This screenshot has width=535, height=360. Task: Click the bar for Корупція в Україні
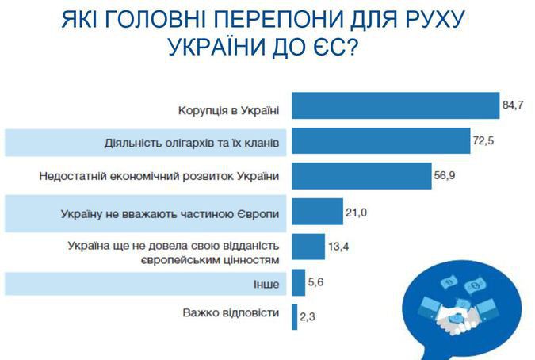click(396, 105)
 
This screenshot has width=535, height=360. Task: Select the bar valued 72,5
click(380, 140)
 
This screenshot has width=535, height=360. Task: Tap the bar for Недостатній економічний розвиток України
click(361, 176)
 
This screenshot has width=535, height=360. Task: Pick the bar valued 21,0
click(317, 212)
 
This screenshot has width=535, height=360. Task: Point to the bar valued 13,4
click(308, 247)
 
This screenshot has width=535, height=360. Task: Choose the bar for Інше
click(298, 282)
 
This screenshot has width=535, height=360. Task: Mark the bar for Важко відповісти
click(295, 317)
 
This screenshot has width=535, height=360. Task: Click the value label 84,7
click(513, 105)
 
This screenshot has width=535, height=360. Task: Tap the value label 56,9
click(444, 176)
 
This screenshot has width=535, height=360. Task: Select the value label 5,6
click(315, 282)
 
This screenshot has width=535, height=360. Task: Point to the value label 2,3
click(308, 317)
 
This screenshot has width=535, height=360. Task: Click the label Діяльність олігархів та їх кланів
click(192, 143)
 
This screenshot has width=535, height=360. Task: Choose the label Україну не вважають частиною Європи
click(170, 214)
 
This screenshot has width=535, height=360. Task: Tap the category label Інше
click(266, 284)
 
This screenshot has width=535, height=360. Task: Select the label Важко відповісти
click(231, 313)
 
